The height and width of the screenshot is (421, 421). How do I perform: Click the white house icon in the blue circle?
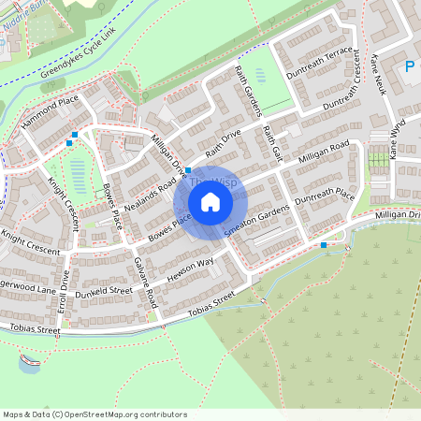(x=210, y=202)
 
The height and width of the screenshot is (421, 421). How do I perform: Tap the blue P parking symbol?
(x=410, y=66)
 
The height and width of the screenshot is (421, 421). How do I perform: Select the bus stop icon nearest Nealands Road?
(x=188, y=171)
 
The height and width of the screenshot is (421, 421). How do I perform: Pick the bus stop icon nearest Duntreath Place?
(x=324, y=245)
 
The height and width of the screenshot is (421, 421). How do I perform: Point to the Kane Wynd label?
(x=397, y=138)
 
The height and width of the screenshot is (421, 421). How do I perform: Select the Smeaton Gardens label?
(x=261, y=222)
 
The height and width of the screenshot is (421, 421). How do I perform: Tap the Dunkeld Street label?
(x=105, y=291)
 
